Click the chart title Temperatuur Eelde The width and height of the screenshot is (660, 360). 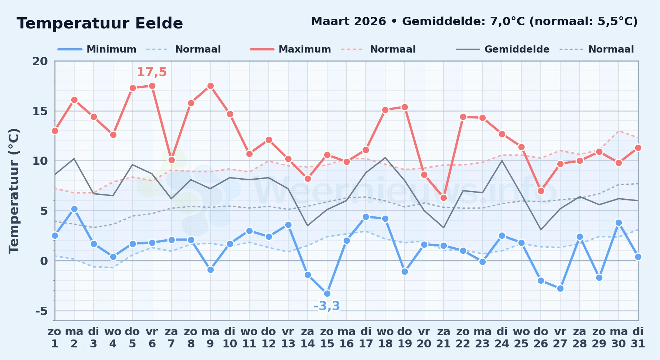[x=100, y=23]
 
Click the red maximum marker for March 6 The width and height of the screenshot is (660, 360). [x=152, y=86]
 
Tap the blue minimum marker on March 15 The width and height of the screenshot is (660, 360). [x=327, y=294]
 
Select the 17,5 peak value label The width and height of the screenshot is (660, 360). [x=152, y=72]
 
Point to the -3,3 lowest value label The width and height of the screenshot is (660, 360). [x=327, y=306]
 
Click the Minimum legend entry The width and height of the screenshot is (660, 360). [x=97, y=49]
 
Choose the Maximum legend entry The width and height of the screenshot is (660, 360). [x=290, y=49]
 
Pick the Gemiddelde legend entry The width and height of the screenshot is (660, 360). [x=503, y=49]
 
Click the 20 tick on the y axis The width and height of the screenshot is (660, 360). [x=40, y=61]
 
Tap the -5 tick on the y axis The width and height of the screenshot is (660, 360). [x=41, y=311]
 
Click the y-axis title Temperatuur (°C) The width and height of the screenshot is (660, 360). [x=14, y=191]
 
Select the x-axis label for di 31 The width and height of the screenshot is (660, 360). [x=638, y=337]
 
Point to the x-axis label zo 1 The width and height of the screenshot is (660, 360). [x=55, y=337]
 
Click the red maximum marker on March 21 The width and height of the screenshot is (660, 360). [x=443, y=198]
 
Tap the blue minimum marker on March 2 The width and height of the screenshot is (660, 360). [x=74, y=209]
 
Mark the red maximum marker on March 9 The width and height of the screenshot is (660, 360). [x=210, y=86]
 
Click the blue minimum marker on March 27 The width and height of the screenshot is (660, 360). [x=560, y=289]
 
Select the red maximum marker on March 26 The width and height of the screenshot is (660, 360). [x=541, y=191]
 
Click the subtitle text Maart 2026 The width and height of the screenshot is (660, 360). [x=348, y=22]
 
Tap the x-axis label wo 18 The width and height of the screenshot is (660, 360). [x=385, y=337]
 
